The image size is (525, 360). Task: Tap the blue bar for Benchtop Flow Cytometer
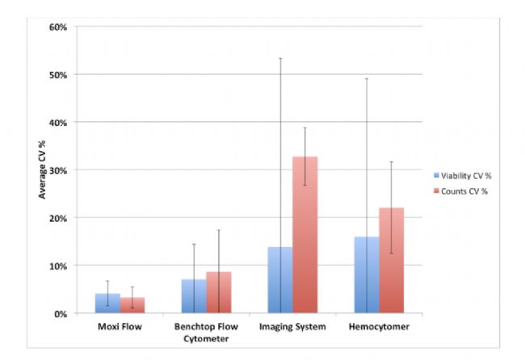tap(194, 296)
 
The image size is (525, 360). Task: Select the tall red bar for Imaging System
tap(305, 235)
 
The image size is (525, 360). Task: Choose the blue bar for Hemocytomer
tap(367, 275)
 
